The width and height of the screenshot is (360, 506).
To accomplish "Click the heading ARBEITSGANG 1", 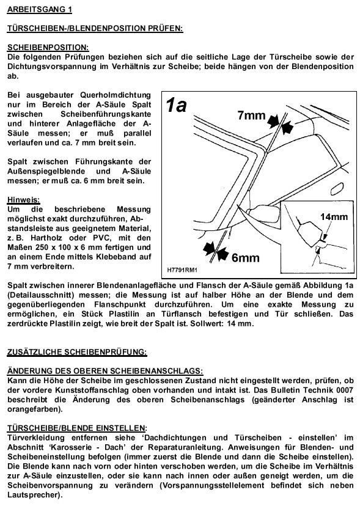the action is (39, 9).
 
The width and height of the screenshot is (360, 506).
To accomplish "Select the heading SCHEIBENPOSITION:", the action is (48, 48).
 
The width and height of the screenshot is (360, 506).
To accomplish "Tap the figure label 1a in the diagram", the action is (176, 106).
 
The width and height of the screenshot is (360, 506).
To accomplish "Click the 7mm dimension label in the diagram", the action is (252, 116).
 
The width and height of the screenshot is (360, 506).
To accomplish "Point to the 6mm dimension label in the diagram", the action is (245, 258).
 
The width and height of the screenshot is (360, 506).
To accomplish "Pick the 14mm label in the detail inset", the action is (334, 216).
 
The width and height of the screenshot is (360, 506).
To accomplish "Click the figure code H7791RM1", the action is (182, 270).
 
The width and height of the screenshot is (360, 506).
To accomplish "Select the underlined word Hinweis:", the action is (24, 200).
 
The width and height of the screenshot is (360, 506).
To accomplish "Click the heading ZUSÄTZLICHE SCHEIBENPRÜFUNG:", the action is (77, 352).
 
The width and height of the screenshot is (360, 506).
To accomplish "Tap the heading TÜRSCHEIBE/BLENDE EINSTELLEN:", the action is (77, 428).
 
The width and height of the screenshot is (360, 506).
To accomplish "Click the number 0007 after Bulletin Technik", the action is (345, 390).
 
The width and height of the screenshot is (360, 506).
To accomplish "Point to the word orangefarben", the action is (32, 409).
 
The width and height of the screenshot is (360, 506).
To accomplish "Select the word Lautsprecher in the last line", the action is (31, 495).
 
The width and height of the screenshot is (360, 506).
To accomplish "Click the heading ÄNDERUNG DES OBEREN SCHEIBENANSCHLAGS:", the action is (105, 371).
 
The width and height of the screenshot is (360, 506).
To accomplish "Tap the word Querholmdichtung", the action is (116, 95).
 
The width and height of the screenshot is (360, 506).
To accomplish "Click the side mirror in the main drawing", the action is (264, 213).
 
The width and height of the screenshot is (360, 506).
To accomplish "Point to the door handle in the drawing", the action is (336, 188).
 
